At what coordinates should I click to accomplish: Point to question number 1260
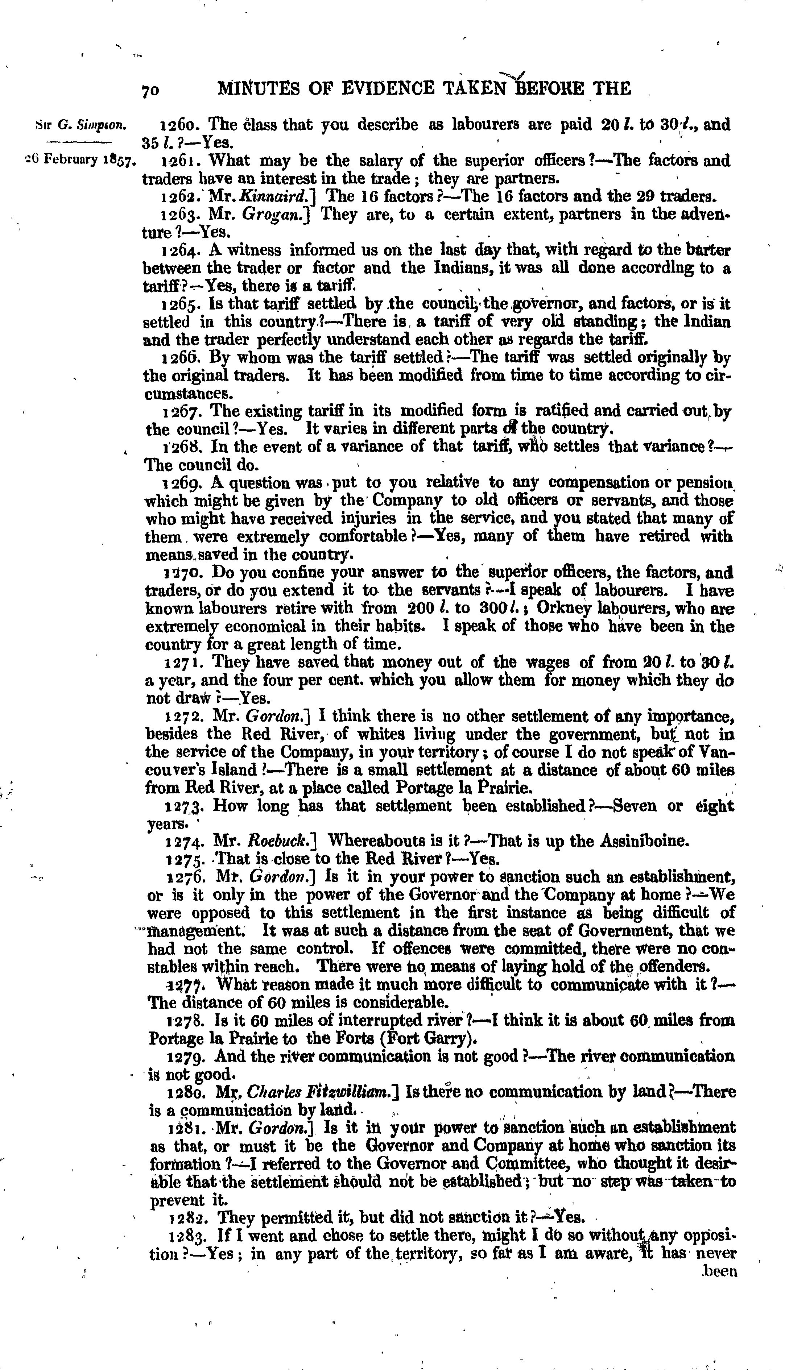pyautogui.click(x=181, y=125)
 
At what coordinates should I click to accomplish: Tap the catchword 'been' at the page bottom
pyautogui.click(x=719, y=1271)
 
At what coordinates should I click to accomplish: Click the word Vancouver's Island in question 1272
pyautogui.click(x=205, y=770)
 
